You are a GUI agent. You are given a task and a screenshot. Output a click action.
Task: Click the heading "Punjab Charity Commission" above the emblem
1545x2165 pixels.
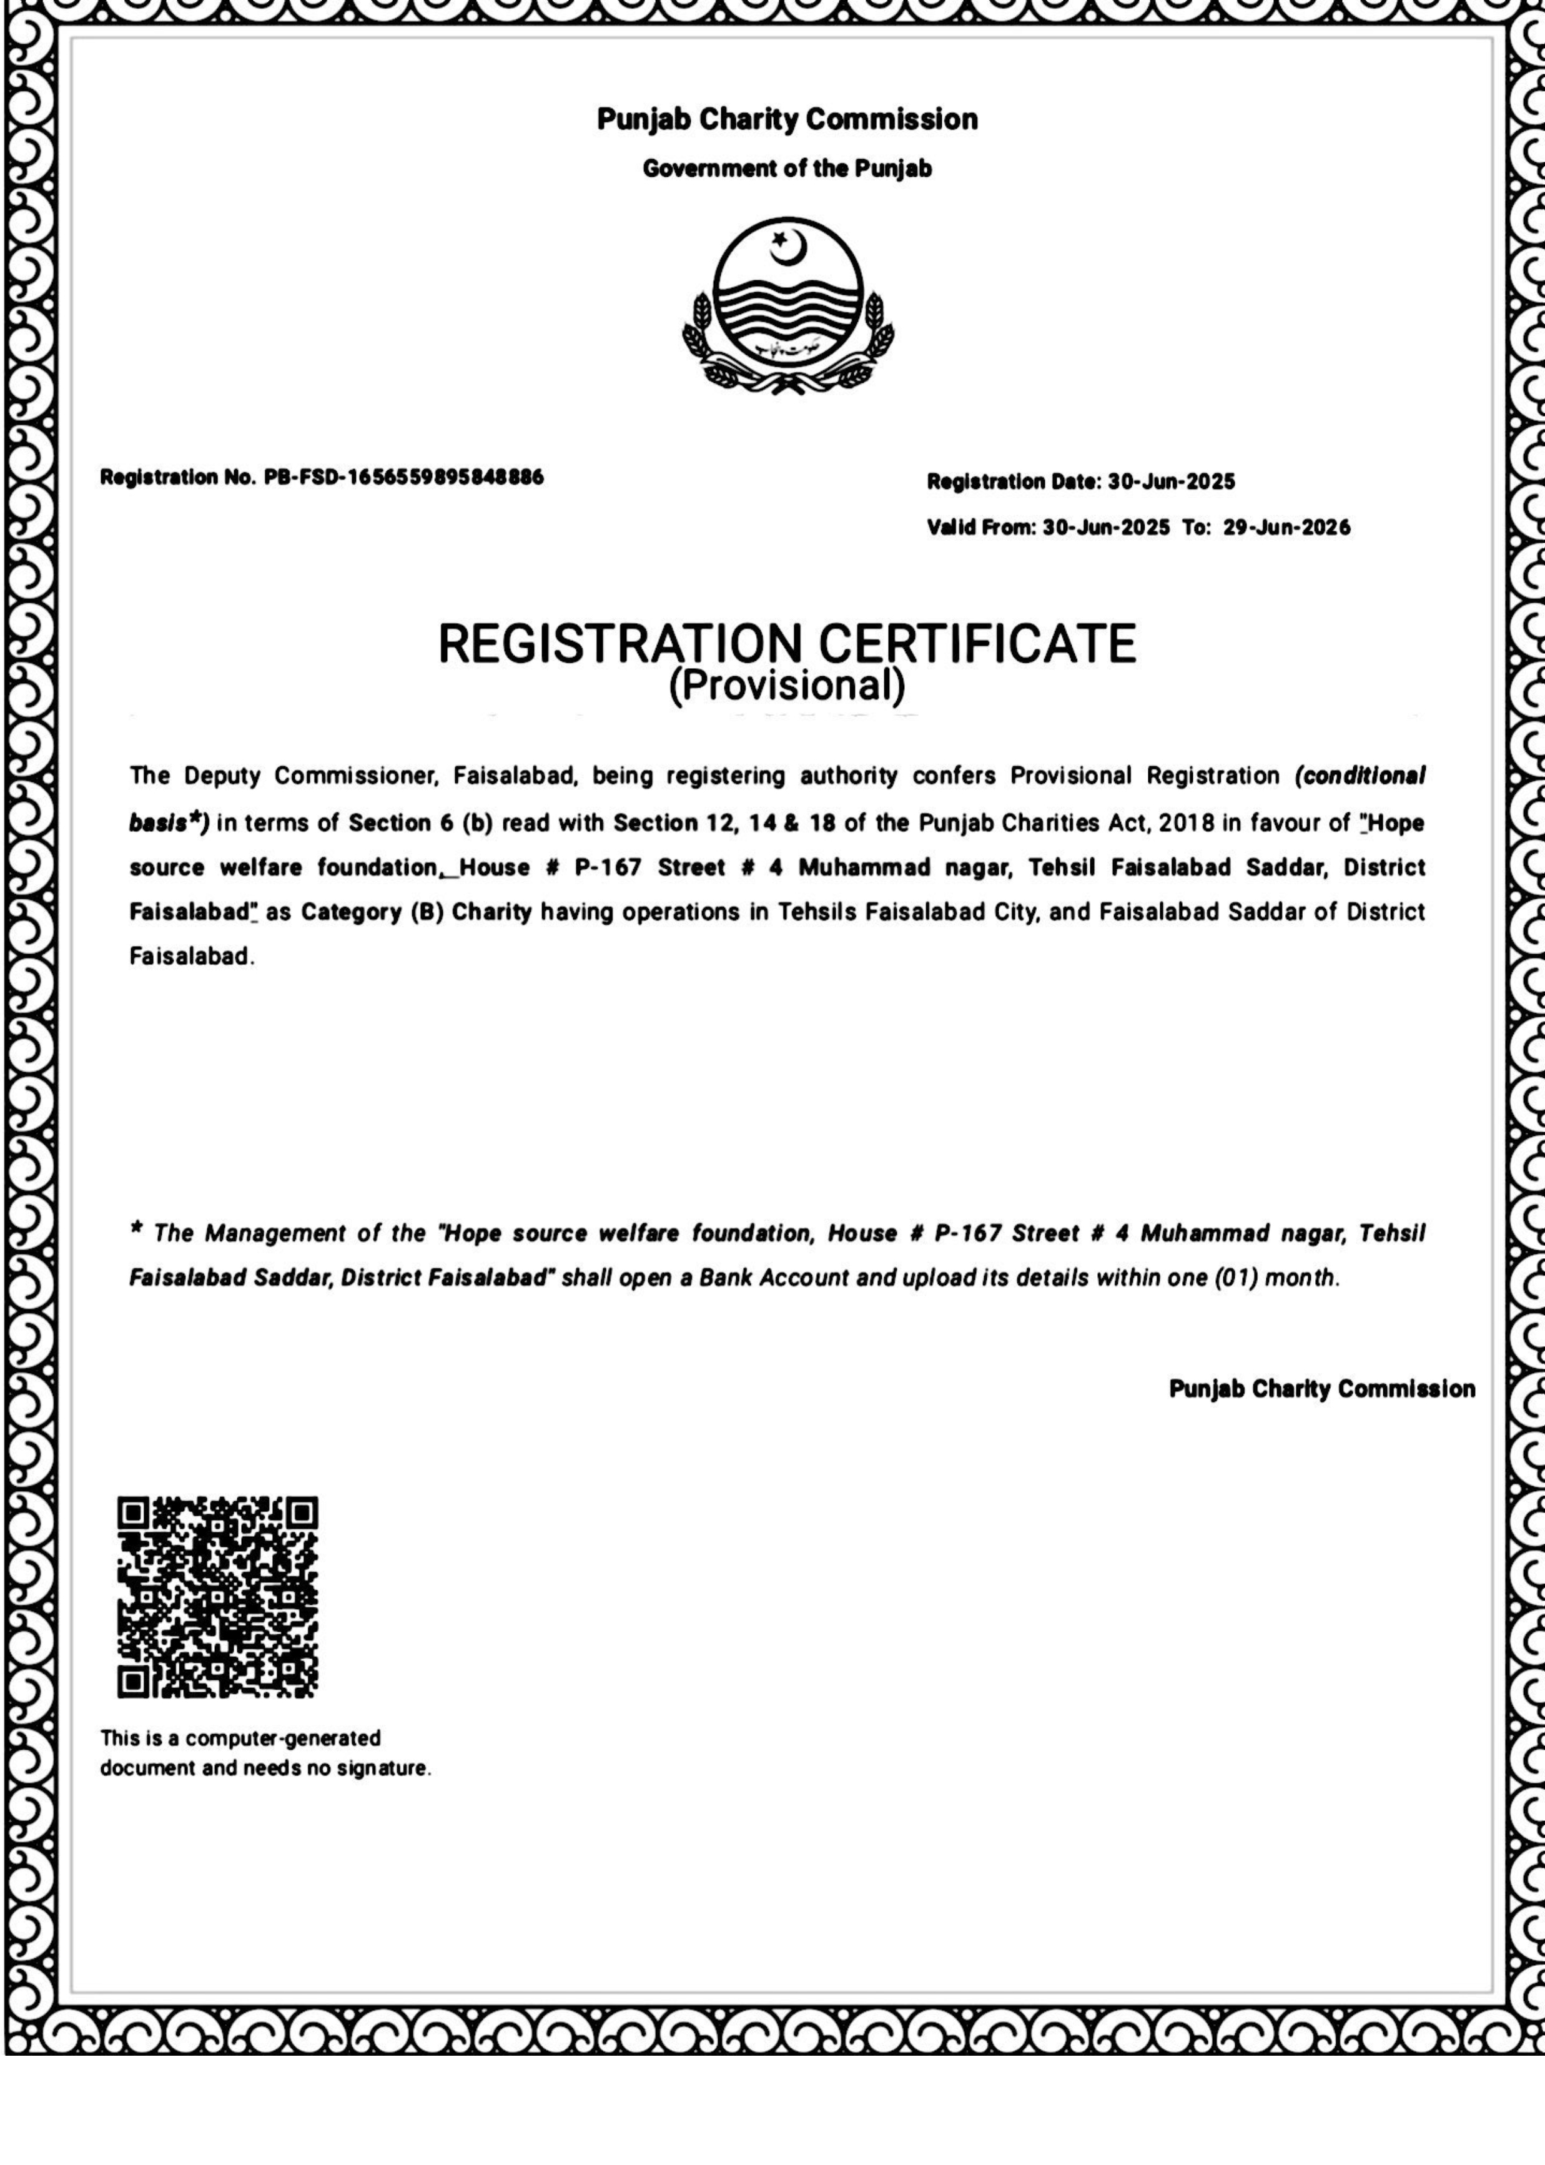(x=787, y=120)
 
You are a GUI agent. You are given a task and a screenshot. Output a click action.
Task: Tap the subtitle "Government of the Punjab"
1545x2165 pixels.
(x=787, y=169)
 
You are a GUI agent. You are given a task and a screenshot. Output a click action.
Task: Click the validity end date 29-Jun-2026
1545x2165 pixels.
(x=1286, y=527)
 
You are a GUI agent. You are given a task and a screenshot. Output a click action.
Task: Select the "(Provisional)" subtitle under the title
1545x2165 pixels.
(x=787, y=685)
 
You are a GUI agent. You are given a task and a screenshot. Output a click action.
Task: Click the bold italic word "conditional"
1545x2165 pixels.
(x=1365, y=776)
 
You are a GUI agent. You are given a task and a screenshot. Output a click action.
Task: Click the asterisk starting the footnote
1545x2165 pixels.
(x=136, y=1233)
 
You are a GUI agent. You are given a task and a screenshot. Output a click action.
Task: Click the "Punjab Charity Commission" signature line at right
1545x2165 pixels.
(x=1321, y=1389)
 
